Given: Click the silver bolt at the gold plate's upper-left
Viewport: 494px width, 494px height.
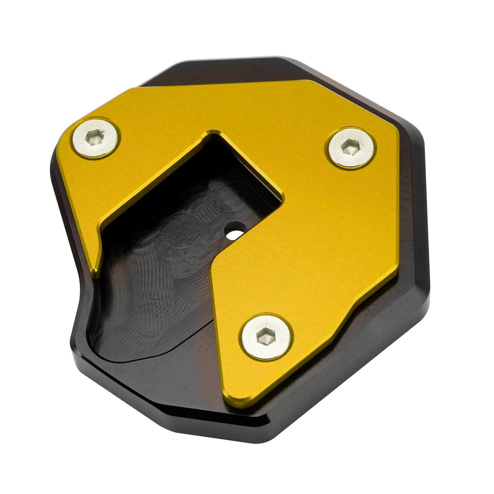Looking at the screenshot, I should (x=96, y=138).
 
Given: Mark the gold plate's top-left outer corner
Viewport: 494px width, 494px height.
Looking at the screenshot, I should (x=131, y=88).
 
